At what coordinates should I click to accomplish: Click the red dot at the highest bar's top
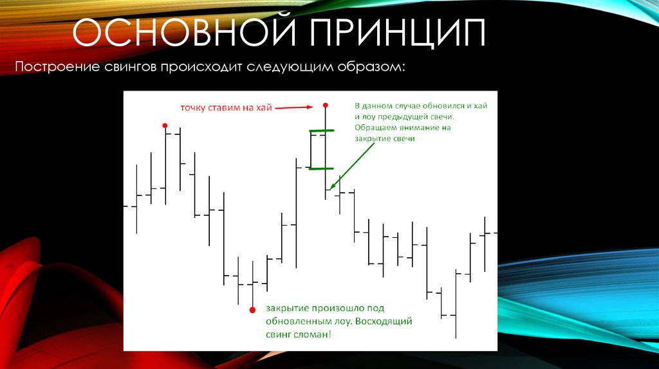[x=325, y=105]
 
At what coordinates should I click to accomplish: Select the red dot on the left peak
[x=165, y=125]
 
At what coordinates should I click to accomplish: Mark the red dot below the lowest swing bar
[x=252, y=309]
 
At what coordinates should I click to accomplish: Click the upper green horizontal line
[x=322, y=132]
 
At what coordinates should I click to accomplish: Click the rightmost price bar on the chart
[x=485, y=244]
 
